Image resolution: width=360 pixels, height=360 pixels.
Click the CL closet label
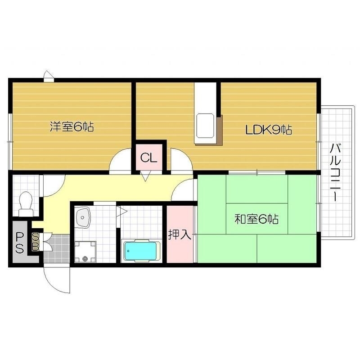click(x=148, y=158)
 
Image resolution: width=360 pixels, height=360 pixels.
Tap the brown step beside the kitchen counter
click(x=220, y=130)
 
